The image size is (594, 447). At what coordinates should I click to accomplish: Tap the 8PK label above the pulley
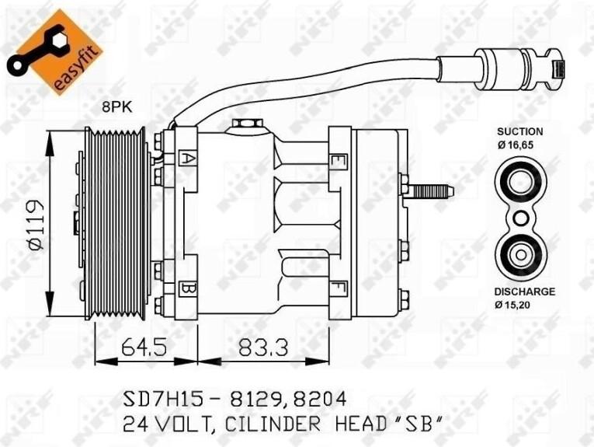pos(117,108)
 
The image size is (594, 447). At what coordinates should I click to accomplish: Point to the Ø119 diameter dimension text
pos(36,225)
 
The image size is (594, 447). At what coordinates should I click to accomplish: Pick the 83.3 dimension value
pos(263,347)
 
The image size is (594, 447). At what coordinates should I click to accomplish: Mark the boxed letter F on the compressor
pos(339,289)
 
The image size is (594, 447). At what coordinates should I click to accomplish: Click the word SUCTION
pos(519,131)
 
